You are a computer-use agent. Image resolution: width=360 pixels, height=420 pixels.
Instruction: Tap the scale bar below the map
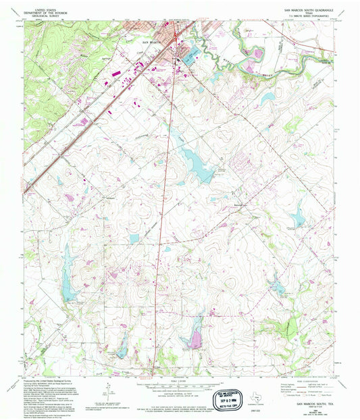click(178, 384)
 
